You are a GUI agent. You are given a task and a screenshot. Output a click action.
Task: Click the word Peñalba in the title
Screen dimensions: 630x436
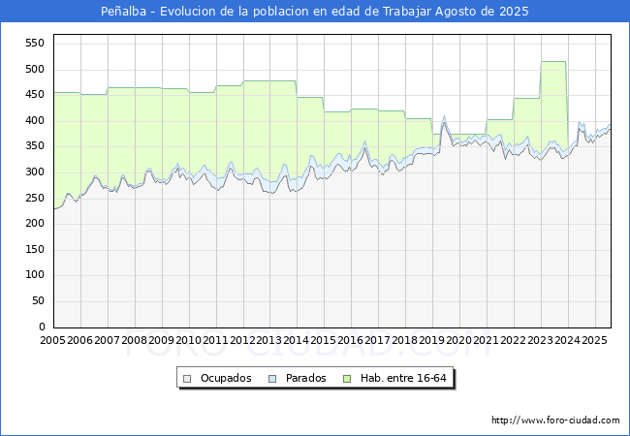pos(123,12)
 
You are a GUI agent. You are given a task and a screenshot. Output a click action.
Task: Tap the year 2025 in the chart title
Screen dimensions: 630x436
pos(514,12)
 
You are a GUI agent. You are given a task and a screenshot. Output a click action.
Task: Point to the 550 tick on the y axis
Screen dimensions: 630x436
pos(35,43)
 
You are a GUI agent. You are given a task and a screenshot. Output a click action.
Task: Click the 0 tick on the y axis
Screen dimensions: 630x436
pos(42,327)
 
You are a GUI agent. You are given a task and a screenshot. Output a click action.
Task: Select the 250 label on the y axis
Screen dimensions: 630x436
pos(35,198)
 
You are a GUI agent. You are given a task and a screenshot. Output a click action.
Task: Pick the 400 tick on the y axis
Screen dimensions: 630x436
pos(35,120)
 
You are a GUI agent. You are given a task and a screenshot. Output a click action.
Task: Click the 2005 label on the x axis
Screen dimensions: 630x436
pos(52,340)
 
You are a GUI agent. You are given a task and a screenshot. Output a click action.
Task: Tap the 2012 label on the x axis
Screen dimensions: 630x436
pos(242,340)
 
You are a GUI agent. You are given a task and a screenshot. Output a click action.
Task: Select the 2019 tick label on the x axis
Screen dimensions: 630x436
pos(432,340)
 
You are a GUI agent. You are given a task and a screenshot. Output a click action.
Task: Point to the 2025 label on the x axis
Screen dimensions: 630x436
pos(594,340)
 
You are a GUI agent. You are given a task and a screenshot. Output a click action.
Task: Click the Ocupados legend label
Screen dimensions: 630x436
pos(226,378)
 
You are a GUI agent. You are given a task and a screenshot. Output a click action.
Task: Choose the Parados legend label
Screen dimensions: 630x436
pos(305,378)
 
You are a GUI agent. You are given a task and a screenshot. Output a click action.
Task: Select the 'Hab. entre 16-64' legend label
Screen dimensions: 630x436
pos(403,378)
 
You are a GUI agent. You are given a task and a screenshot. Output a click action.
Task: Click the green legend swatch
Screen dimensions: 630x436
pos(347,379)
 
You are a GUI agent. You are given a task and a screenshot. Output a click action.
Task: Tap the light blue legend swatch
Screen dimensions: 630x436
pos(272,379)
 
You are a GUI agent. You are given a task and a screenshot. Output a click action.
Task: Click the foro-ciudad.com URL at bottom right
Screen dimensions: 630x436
pos(555,420)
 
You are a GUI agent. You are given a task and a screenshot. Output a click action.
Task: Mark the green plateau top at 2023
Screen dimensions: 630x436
pos(553,61)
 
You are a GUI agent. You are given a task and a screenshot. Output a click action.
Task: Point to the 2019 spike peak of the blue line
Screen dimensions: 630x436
pos(444,116)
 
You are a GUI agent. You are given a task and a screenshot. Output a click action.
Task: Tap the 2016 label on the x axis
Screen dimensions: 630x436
pos(350,340)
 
